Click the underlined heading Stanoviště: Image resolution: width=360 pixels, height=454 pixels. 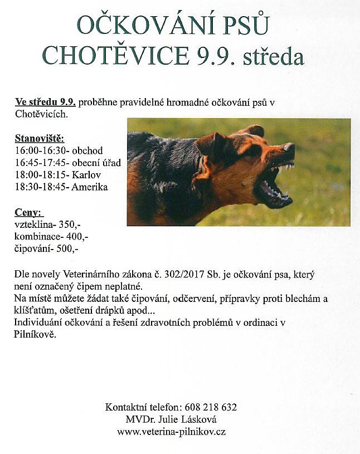pyautogui.click(x=40, y=138)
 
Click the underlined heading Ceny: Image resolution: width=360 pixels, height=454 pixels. pyautogui.click(x=30, y=212)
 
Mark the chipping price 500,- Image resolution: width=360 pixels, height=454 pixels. pyautogui.click(x=66, y=249)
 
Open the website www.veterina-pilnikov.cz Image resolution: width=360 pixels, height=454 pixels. pyautogui.click(x=171, y=432)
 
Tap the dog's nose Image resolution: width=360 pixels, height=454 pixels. pyautogui.click(x=289, y=149)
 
